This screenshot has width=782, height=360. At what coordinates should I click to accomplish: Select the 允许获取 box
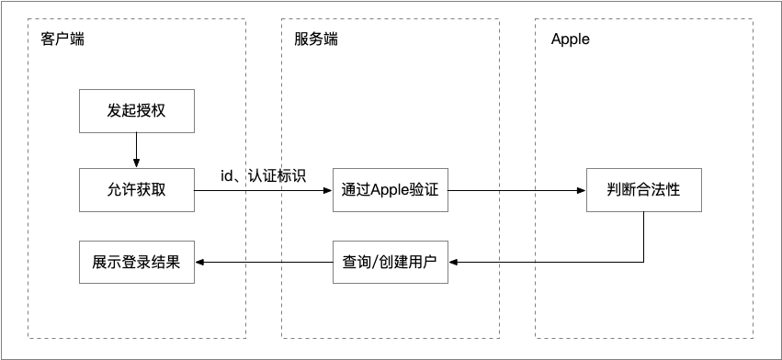click(x=136, y=190)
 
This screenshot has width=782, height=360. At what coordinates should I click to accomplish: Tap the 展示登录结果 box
click(x=136, y=262)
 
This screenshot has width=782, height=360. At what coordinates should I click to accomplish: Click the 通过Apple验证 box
click(x=390, y=190)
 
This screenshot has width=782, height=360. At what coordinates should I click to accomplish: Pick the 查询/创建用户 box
click(x=390, y=262)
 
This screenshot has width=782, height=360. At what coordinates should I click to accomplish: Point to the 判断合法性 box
click(x=643, y=190)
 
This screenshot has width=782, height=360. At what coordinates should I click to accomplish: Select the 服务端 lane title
click(x=315, y=40)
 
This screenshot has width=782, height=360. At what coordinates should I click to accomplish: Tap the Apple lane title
click(x=570, y=40)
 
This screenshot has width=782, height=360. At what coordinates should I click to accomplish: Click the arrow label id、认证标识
click(x=264, y=175)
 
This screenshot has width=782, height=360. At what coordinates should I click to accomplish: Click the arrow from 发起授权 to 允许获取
click(x=136, y=150)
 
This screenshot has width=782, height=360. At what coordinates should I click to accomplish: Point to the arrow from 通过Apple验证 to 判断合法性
click(x=517, y=191)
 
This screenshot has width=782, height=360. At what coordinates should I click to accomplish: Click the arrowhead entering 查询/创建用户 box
click(x=453, y=262)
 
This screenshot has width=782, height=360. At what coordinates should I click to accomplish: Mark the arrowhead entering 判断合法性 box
click(x=581, y=191)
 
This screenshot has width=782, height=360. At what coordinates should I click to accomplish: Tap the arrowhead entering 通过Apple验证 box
click(x=326, y=191)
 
